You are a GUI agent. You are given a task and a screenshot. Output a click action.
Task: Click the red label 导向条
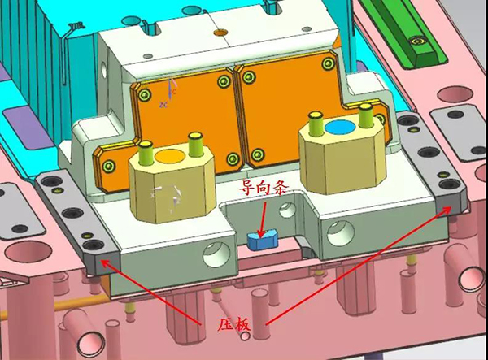(264, 188)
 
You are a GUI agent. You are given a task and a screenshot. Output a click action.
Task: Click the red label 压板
(233, 324)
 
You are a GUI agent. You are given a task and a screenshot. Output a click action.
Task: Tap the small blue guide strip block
(262, 239)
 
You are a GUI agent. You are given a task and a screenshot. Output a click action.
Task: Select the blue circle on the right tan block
(340, 128)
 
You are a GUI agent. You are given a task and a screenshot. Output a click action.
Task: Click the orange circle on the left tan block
(170, 156)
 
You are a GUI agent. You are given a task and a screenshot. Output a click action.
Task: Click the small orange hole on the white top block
(221, 32)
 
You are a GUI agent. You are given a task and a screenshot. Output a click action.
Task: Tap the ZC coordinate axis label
(163, 105)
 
